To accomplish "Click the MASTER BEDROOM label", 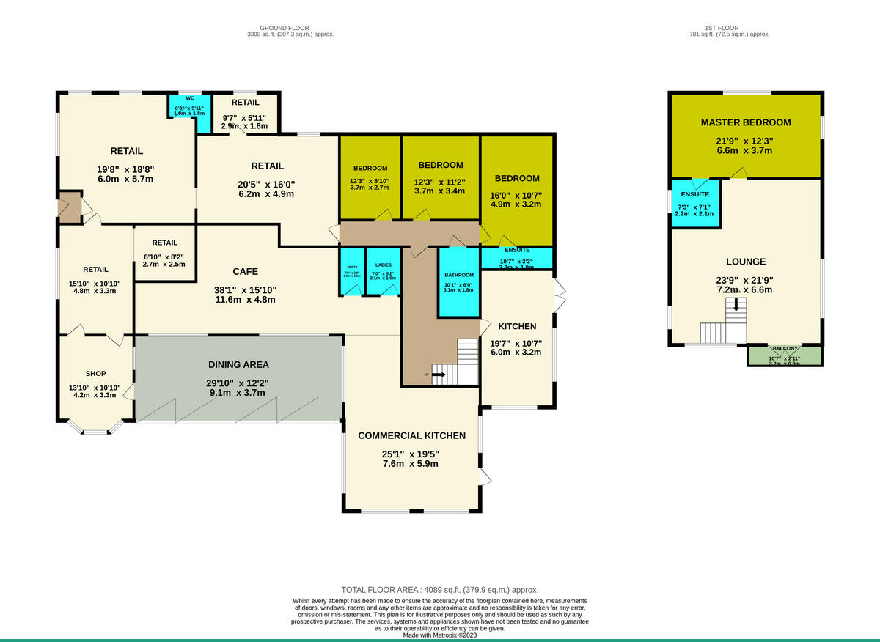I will (x=745, y=122).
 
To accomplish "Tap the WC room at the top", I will (x=188, y=110).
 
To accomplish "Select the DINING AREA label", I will (x=238, y=364).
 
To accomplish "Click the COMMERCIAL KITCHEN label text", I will (x=411, y=435).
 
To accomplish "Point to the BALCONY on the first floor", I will (x=785, y=355).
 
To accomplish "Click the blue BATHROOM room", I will (x=460, y=282).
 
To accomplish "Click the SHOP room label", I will (x=96, y=374).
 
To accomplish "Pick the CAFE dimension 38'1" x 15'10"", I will (x=246, y=289).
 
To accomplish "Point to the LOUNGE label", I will (x=745, y=262).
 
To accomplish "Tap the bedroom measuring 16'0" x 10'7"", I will (x=516, y=193).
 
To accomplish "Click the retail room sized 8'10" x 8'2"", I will (x=164, y=253).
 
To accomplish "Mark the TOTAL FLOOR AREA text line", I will (x=440, y=590).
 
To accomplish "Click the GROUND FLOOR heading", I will (x=291, y=28).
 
